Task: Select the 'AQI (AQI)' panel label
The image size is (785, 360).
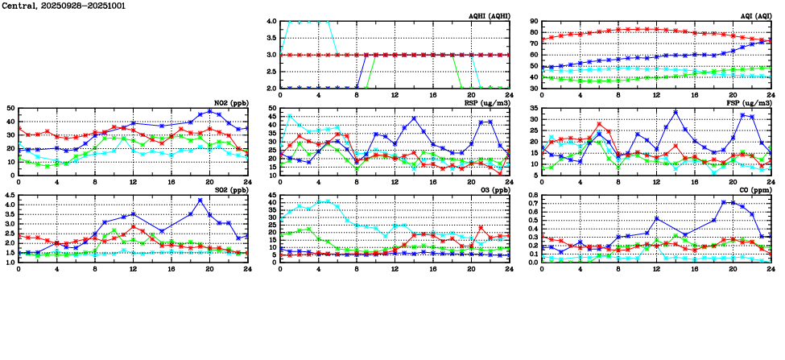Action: (754, 16)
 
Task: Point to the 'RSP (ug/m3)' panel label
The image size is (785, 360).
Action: (488, 103)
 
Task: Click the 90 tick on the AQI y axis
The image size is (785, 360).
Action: (533, 22)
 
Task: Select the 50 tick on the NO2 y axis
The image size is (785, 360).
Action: (10, 108)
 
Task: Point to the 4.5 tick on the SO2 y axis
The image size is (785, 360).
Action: (9, 195)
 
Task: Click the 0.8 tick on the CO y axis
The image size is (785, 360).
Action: (531, 195)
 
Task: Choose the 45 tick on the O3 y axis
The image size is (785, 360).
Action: (272, 195)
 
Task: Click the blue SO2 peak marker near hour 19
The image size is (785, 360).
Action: (200, 200)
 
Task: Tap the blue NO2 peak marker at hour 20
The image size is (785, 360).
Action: (209, 111)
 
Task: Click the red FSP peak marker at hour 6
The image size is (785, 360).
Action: (599, 124)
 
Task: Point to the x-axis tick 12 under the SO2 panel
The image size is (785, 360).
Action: (133, 269)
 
